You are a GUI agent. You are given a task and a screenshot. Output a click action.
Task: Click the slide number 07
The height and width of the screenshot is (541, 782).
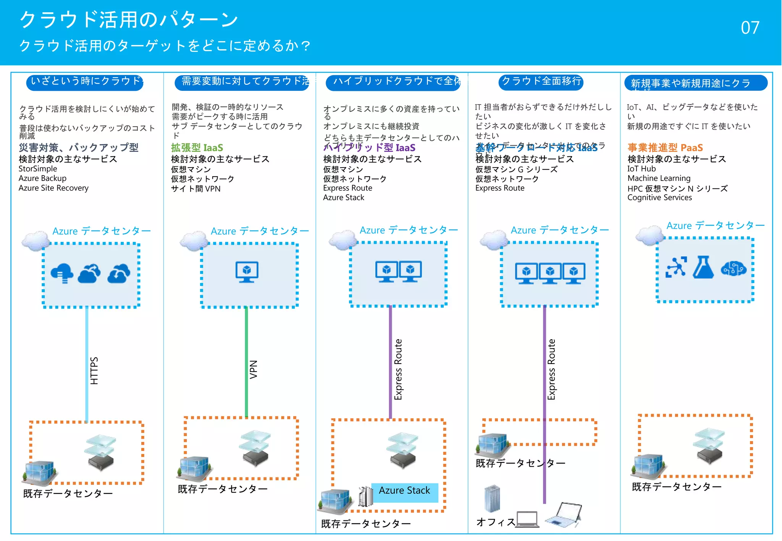750,28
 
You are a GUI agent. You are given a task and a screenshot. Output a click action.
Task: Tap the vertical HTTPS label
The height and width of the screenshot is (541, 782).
94,370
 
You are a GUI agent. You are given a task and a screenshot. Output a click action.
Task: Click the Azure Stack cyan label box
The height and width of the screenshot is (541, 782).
404,491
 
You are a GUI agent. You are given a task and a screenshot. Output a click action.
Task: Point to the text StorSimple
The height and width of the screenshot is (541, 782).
38,169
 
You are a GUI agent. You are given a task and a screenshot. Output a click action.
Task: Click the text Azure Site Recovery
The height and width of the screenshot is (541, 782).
53,188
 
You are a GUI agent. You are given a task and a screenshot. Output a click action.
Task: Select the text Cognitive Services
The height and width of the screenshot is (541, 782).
659,198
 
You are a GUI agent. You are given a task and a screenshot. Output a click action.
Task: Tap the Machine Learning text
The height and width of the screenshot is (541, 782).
659,178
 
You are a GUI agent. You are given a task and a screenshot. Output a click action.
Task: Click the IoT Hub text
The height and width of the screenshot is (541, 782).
641,169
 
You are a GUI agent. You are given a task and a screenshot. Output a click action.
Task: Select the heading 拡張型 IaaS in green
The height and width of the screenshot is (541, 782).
197,148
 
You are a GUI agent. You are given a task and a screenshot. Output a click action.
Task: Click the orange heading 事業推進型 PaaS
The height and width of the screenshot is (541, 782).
665,148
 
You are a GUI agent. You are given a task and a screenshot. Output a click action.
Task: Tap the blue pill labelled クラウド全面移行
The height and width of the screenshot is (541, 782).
541,81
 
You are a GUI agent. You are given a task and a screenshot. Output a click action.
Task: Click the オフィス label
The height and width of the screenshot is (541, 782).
496,522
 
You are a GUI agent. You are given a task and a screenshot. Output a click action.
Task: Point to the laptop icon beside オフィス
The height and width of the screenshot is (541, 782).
528,519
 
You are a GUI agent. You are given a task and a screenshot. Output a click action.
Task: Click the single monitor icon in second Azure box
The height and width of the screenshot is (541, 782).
247,272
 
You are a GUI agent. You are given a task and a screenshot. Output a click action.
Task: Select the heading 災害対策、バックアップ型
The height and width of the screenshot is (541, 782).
79,148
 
